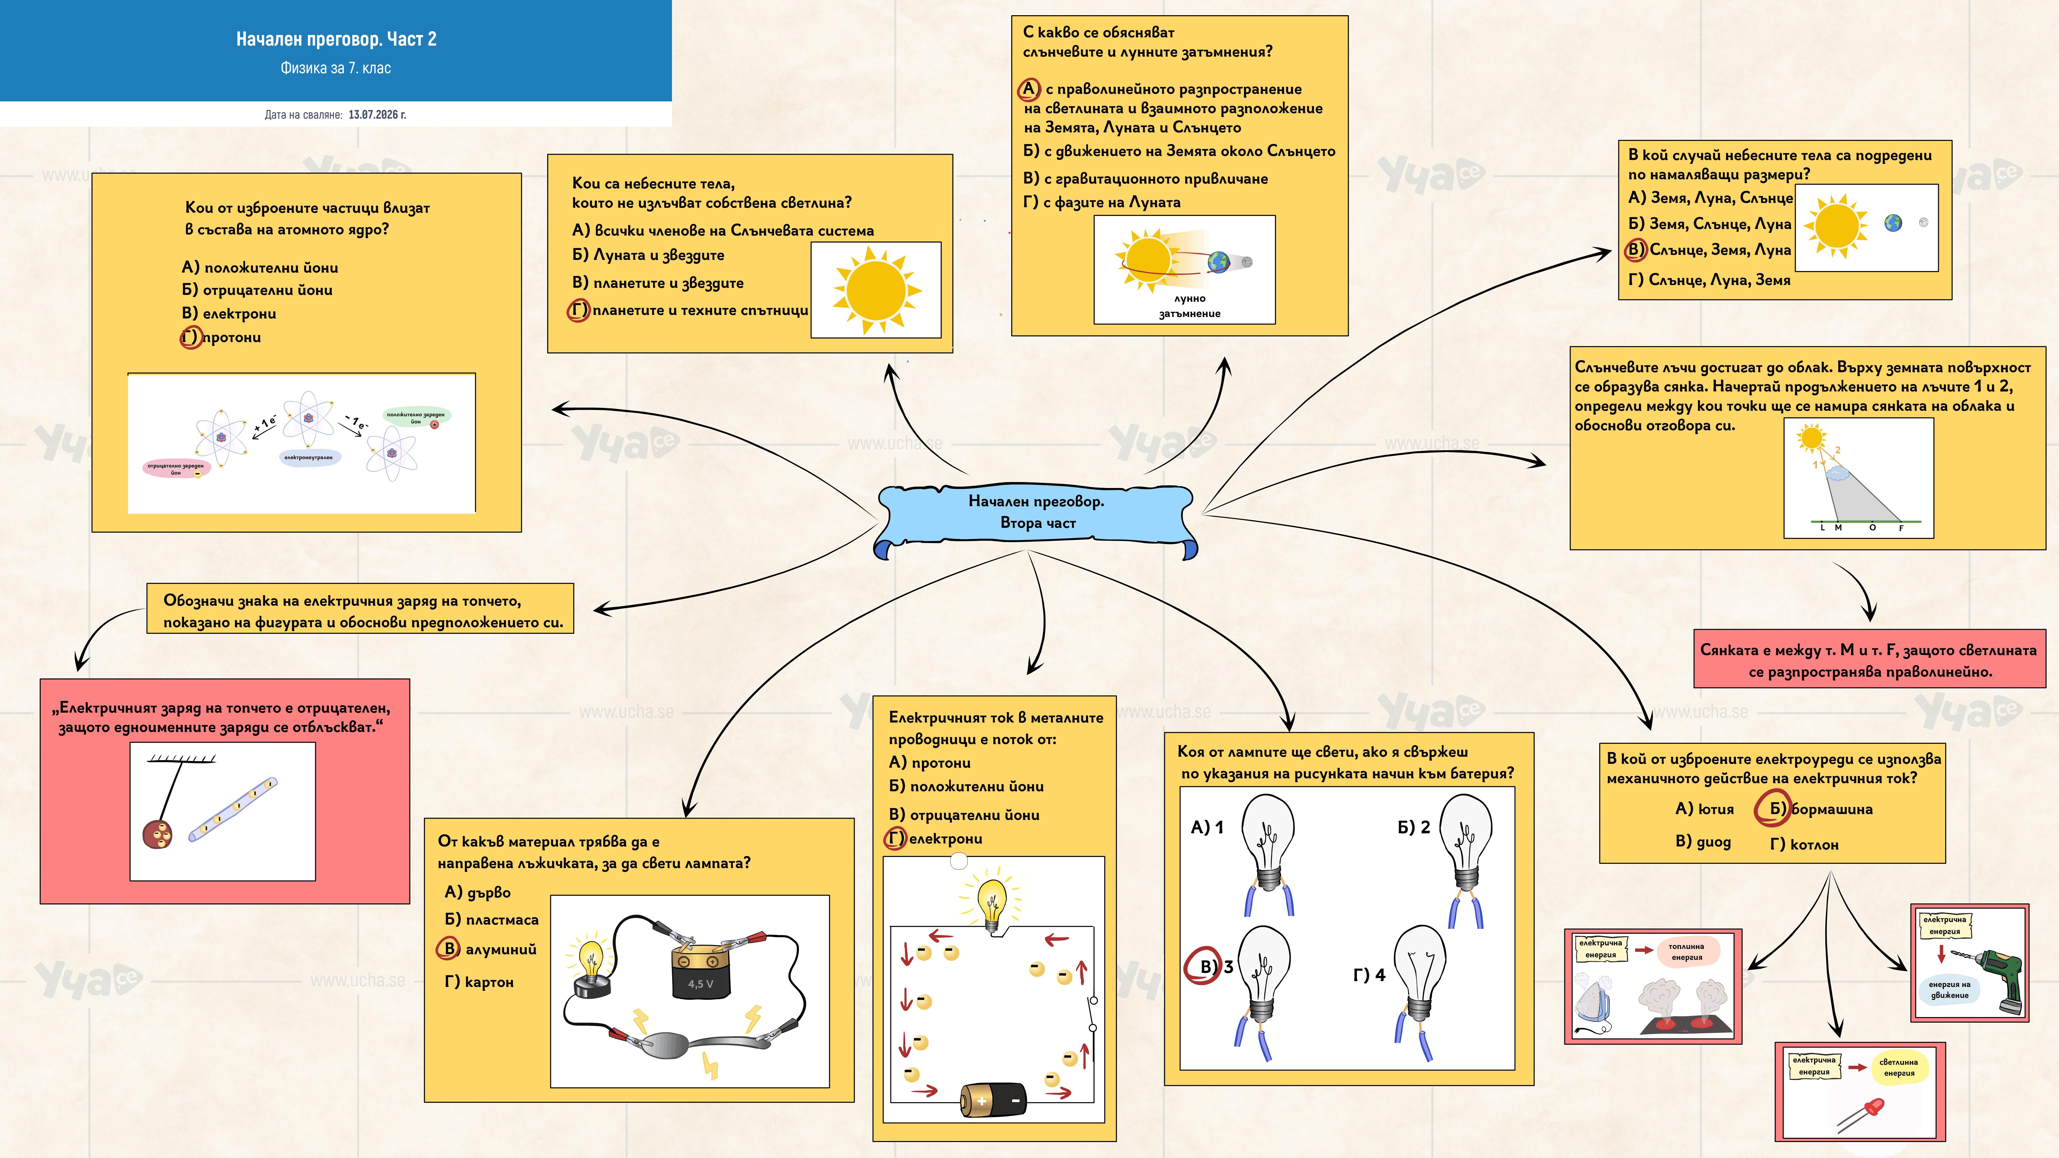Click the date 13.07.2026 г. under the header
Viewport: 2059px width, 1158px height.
point(377,114)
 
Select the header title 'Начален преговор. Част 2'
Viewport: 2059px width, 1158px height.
point(336,39)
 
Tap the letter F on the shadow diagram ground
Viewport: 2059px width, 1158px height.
point(1901,528)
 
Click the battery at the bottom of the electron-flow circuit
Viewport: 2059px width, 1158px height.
point(993,1100)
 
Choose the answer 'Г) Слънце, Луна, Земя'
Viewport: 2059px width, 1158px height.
point(1709,280)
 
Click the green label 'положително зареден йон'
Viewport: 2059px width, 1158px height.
point(416,417)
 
